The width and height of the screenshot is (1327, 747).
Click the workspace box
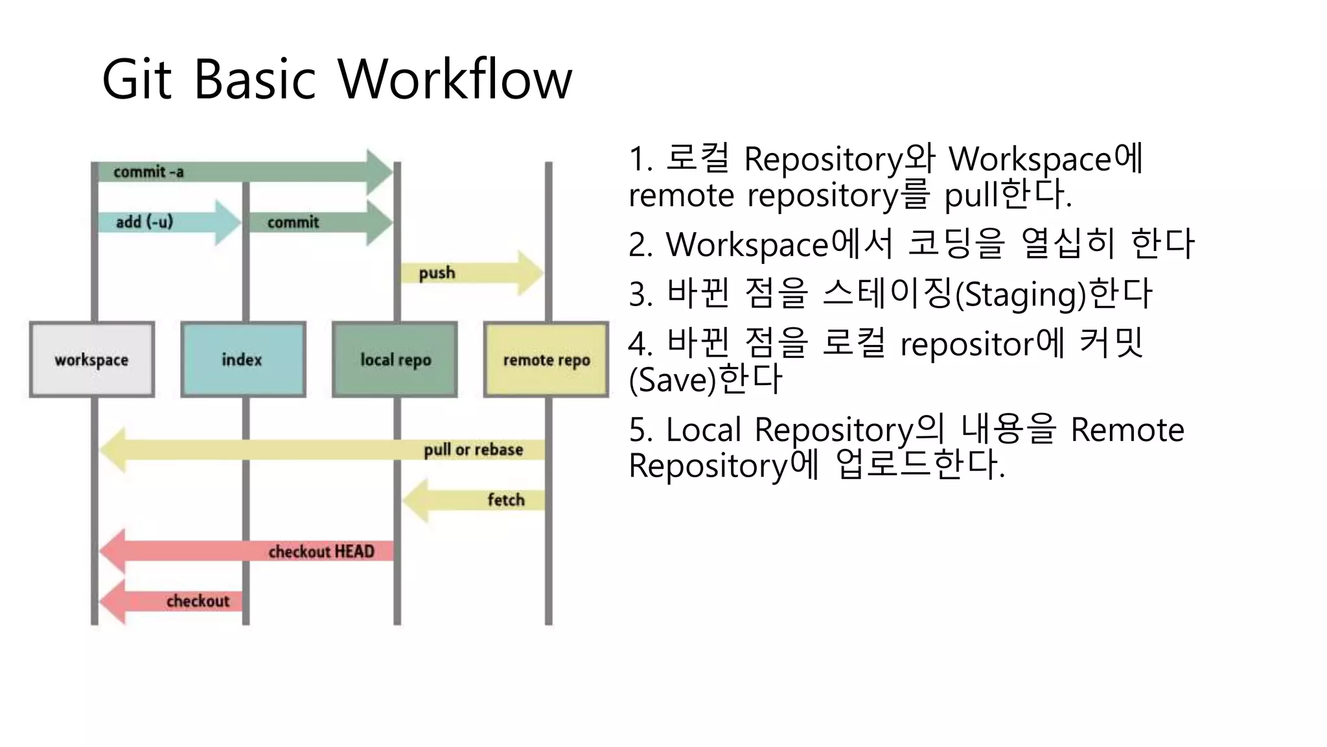tap(91, 359)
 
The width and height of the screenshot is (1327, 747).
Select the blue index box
tap(243, 359)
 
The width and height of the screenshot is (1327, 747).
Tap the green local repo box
tap(395, 359)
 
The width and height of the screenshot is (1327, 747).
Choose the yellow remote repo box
tap(546, 359)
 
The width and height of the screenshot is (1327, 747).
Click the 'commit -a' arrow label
tap(148, 172)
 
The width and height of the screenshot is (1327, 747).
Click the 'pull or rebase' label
tap(473, 449)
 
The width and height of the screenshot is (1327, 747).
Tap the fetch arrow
tap(473, 500)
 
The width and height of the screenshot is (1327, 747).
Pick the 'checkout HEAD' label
tap(321, 551)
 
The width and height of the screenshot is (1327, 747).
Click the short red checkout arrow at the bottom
tap(172, 601)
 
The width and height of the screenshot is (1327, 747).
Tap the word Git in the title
tap(137, 80)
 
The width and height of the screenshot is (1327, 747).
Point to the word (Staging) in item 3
tap(1021, 295)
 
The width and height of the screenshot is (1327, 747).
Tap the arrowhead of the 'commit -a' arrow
tap(380, 172)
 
